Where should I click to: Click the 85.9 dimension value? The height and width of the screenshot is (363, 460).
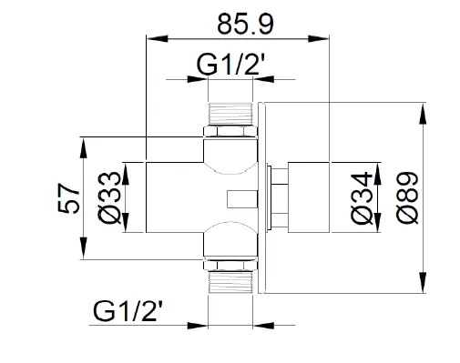[245, 24]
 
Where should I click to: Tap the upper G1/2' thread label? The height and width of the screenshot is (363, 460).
[231, 65]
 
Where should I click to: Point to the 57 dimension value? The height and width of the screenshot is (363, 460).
[69, 198]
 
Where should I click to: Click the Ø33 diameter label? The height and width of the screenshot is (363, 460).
[109, 197]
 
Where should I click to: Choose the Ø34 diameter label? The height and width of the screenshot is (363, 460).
[362, 198]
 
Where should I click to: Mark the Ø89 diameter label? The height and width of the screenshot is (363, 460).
[407, 198]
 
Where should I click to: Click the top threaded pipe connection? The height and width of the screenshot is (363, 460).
[230, 113]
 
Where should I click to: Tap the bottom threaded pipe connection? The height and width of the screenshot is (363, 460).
[230, 282]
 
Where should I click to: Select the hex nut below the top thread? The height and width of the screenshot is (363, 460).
[230, 131]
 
